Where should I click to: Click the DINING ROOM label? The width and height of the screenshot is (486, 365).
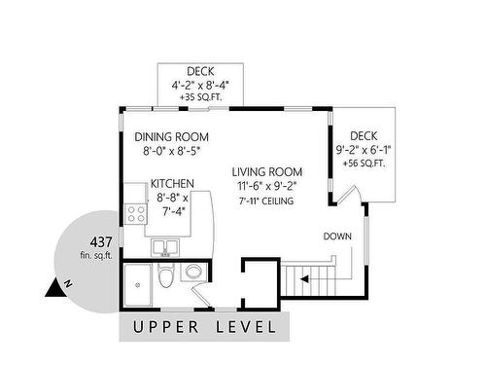tap(171, 137)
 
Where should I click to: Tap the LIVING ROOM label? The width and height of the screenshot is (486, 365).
tap(267, 172)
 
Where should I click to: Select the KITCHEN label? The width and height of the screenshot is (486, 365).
tap(172, 184)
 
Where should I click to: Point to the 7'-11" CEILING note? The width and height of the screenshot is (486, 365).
tap(266, 201)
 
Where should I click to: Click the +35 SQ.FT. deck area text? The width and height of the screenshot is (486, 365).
tap(201, 97)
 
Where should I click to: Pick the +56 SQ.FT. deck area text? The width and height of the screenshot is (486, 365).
tap(364, 164)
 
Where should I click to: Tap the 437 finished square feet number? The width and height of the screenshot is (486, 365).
tap(101, 242)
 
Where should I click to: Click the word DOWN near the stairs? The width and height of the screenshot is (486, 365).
tap(337, 237)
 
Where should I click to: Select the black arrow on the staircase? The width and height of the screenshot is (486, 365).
tap(304, 279)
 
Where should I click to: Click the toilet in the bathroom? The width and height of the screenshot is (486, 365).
tap(166, 274)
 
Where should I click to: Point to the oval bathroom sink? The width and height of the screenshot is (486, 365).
tap(193, 272)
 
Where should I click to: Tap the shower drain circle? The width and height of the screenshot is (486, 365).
tap(138, 285)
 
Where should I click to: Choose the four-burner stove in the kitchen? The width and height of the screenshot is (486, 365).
tap(136, 214)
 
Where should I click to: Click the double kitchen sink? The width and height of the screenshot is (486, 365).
tap(165, 247)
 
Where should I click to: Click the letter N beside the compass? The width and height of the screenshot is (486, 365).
tap(68, 284)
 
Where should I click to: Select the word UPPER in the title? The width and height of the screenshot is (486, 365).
tap(165, 327)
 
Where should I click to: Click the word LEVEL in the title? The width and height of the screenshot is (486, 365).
tap(246, 327)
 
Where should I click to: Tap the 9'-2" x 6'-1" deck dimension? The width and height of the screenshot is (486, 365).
tap(364, 150)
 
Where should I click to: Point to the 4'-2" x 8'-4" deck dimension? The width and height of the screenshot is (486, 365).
tap(200, 86)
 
